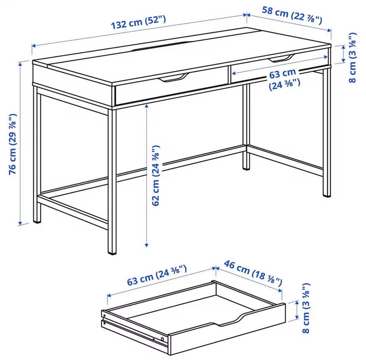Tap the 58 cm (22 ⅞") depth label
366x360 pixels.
point(292,16)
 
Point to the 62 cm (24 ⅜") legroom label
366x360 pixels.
point(156,175)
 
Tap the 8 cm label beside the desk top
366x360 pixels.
point(352,58)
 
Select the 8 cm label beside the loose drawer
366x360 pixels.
point(305,308)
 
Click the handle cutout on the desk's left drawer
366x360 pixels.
point(173,78)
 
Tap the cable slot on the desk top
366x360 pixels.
point(161,46)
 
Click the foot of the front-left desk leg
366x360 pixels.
point(37,220)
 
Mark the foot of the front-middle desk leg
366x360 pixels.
point(112,252)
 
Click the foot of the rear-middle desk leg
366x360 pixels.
point(246,167)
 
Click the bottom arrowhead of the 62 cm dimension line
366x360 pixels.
point(146,245)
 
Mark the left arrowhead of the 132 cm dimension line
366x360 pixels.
point(34,46)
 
